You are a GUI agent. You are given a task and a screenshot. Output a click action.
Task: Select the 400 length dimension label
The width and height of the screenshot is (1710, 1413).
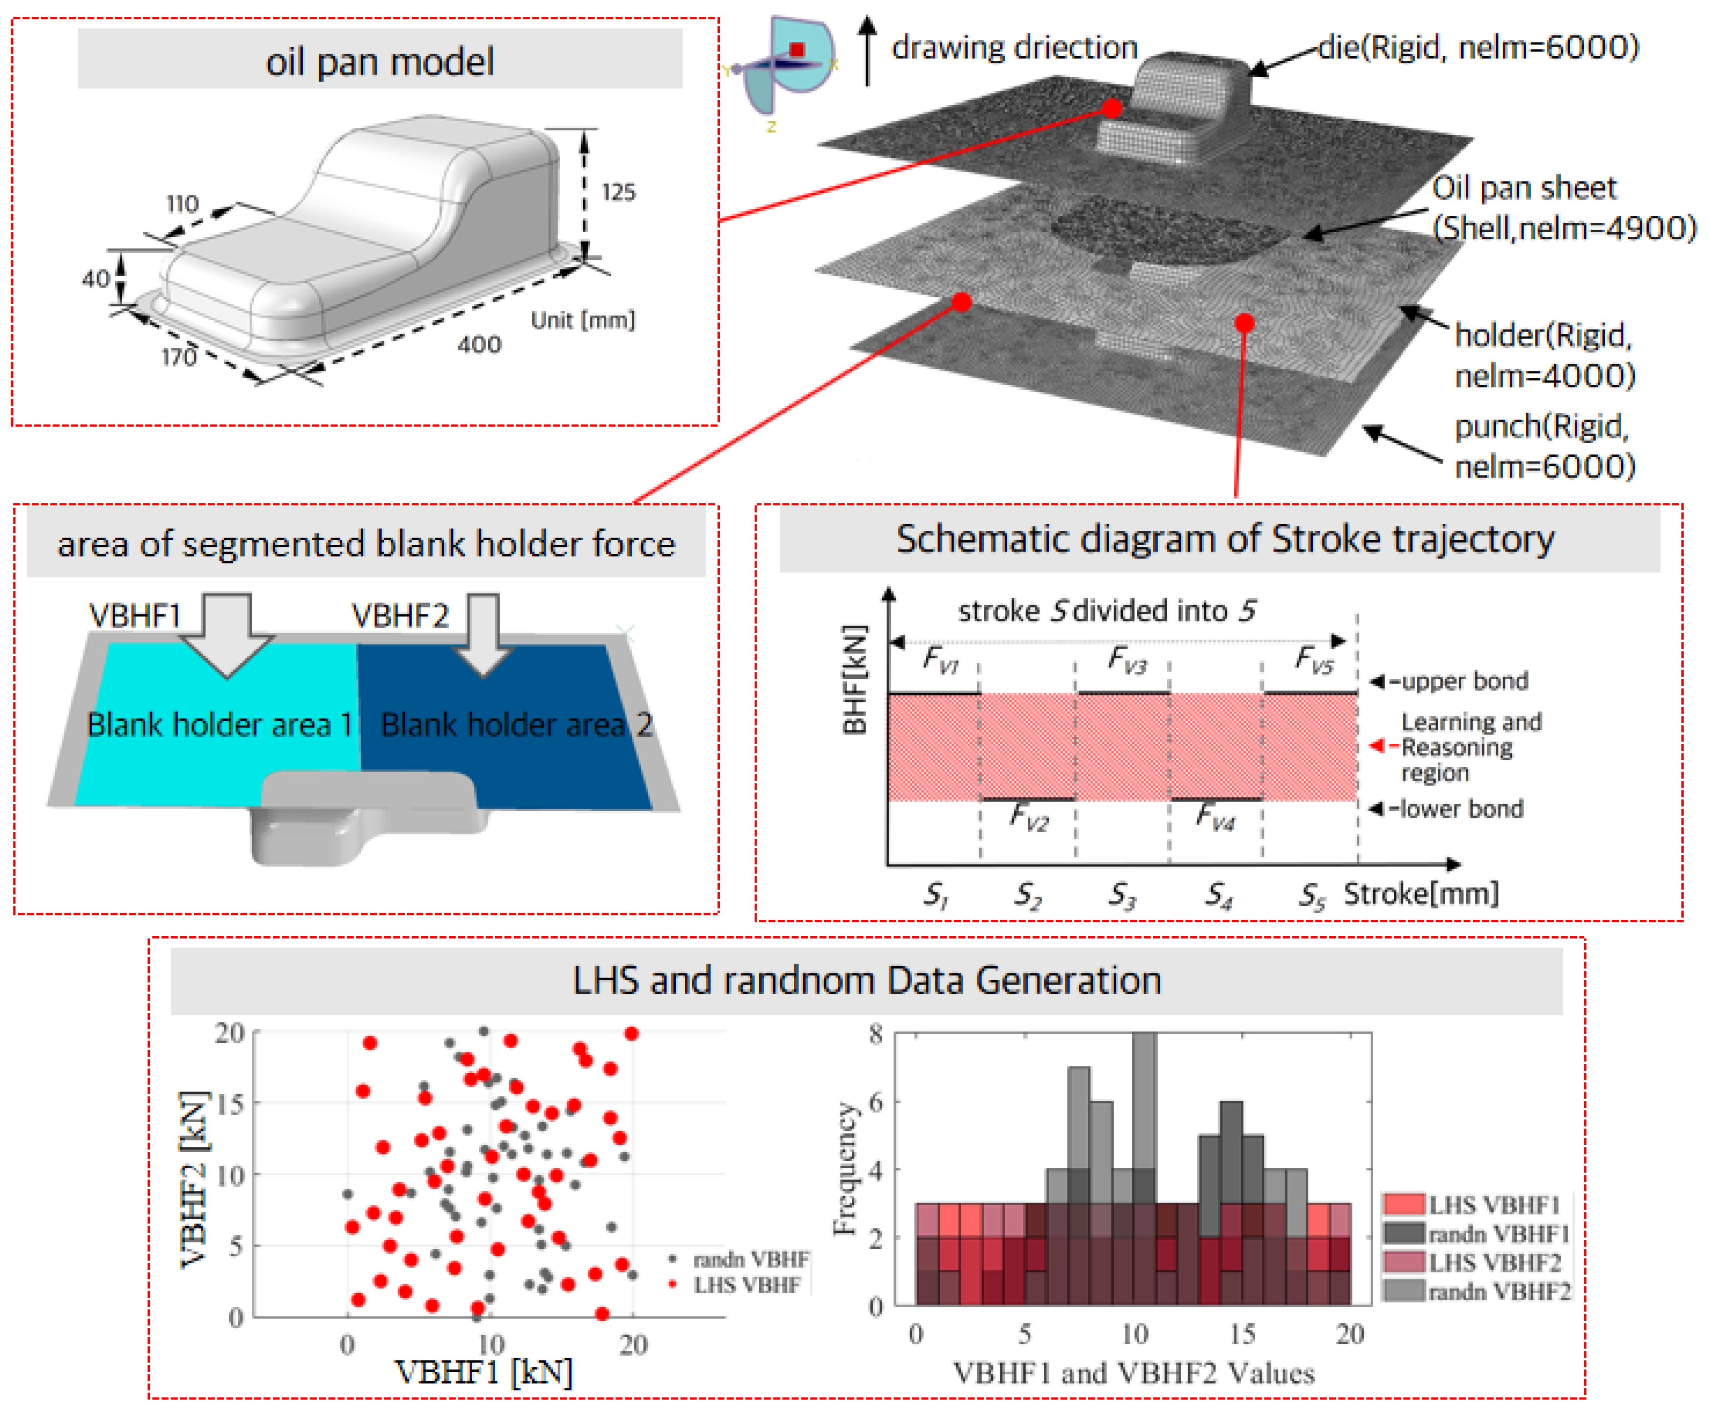pos(479,345)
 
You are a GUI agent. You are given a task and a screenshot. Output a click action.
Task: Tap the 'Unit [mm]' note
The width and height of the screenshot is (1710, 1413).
pos(582,320)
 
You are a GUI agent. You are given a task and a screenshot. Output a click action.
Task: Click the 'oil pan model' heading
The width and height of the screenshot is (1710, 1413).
pos(379,61)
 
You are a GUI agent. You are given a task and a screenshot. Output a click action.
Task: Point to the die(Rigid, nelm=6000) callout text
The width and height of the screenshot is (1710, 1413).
pos(1478,47)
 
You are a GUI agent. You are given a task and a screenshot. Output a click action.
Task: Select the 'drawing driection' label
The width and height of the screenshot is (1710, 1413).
pos(1014,47)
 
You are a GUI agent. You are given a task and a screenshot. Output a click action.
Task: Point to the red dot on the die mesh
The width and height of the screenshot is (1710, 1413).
pos(1112,108)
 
